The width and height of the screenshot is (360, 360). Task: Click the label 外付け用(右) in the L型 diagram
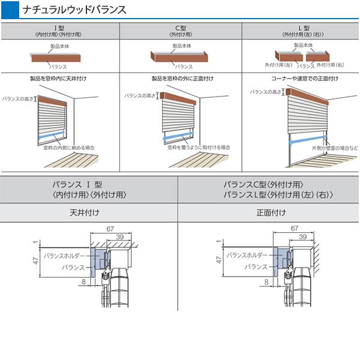pyautogui.click(x=329, y=64)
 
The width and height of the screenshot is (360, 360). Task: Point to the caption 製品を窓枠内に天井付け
pyautogui.click(x=58, y=78)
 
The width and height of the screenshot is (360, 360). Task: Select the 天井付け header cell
pyautogui.click(x=89, y=212)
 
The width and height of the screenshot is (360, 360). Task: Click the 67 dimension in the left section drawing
pyautogui.click(x=110, y=229)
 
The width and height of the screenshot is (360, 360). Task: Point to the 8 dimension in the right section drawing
pyautogui.click(x=264, y=280)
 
